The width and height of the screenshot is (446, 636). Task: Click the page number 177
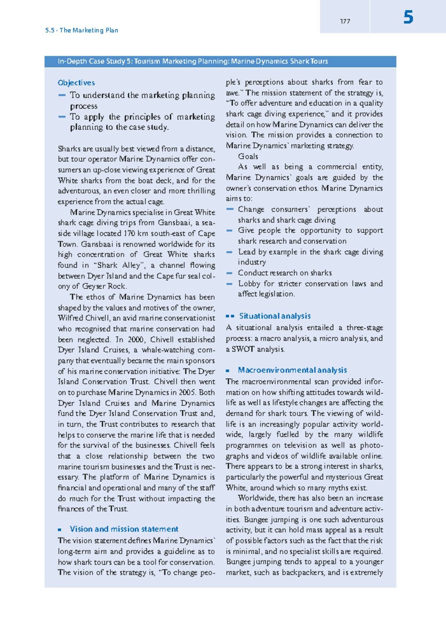[x=345, y=22]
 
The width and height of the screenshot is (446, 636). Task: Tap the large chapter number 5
[x=408, y=17]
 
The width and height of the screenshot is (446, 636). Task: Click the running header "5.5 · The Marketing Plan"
[x=82, y=30]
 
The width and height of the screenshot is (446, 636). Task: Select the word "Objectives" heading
[x=76, y=83]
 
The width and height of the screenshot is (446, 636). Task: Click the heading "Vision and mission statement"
[x=124, y=529]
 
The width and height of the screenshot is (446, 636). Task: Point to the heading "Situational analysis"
[x=275, y=316]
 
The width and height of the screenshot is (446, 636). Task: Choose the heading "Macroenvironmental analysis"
[x=292, y=370]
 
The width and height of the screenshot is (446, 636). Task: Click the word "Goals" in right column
[x=248, y=156]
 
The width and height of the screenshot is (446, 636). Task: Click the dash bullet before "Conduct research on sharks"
[x=230, y=273]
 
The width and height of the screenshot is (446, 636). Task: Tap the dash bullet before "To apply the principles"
[x=62, y=117]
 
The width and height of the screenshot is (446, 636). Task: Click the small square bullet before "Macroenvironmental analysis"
[x=228, y=370]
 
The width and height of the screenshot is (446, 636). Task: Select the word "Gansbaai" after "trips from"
[x=174, y=223]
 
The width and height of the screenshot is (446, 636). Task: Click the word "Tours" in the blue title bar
[x=319, y=61]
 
